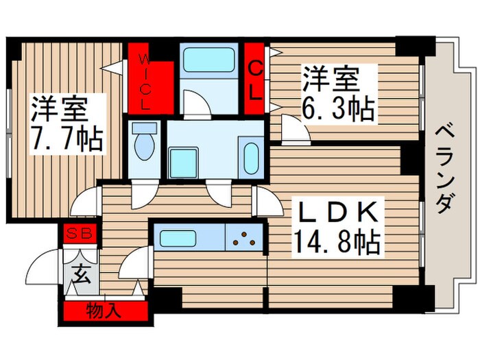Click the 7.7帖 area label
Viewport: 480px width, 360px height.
pos(67,139)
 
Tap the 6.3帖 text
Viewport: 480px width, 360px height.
pos(338,108)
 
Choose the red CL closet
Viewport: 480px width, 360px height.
pos(254,80)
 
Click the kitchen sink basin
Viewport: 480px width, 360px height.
pos(188,238)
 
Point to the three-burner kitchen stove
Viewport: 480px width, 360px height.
pos(244,238)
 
